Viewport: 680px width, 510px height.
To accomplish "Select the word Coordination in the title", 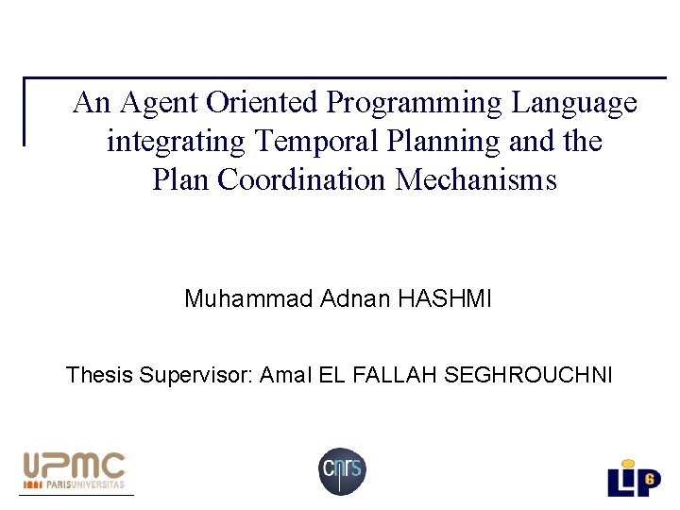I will tap(304, 179).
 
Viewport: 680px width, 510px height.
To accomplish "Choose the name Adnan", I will tap(355, 299).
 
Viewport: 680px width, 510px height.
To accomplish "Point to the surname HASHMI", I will tap(445, 299).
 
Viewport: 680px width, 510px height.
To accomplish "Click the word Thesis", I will tap(100, 375).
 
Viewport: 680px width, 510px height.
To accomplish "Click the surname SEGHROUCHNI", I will tap(528, 375).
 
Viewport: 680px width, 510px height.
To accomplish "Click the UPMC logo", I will tap(74, 467).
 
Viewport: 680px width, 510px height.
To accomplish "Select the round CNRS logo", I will tap(341, 470).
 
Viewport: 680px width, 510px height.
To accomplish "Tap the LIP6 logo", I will tap(633, 477).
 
